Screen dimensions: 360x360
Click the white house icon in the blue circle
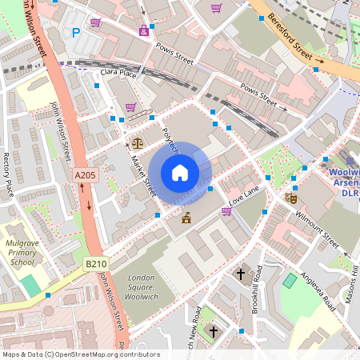[x=179, y=173]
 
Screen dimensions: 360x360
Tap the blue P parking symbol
[x=77, y=33]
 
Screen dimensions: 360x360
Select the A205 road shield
[x=85, y=175]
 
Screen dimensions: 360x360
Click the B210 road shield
[x=96, y=263]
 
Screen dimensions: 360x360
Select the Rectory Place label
[x=10, y=175]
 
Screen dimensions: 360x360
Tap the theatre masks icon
[x=291, y=197]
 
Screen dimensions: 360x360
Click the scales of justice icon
[x=137, y=143]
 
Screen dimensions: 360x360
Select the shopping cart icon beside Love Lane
[x=226, y=212]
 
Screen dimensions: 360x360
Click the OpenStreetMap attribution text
[x=81, y=354]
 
